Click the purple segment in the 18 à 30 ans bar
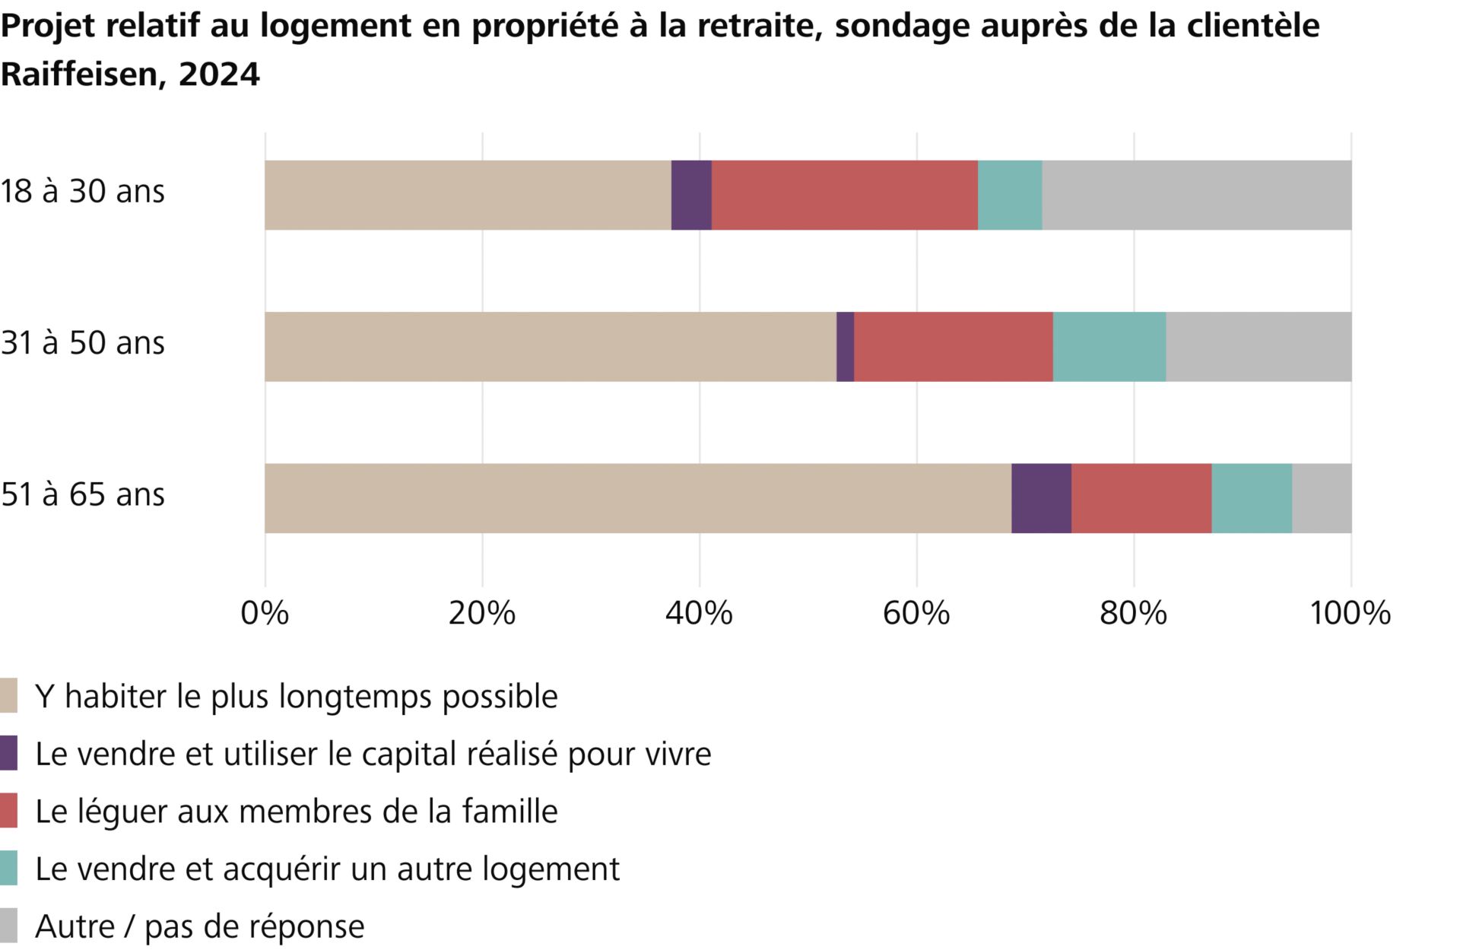(x=691, y=195)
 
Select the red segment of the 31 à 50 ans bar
(x=953, y=347)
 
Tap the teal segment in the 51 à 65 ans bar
(x=1251, y=498)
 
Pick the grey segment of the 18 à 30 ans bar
(x=1196, y=195)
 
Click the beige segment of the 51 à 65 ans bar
(x=637, y=498)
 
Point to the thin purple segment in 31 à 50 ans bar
(x=845, y=347)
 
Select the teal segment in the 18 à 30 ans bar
(x=1009, y=195)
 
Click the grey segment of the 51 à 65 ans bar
(x=1321, y=498)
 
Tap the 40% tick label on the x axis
(x=699, y=613)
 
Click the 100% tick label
(x=1350, y=613)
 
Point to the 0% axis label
(x=265, y=613)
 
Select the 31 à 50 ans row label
(x=83, y=343)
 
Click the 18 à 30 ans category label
(x=83, y=191)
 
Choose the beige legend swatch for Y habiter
(x=8, y=696)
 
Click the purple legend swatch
(x=8, y=754)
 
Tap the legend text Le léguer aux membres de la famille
(x=296, y=812)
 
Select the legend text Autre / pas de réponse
(x=199, y=926)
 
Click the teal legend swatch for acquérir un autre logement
(x=8, y=869)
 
